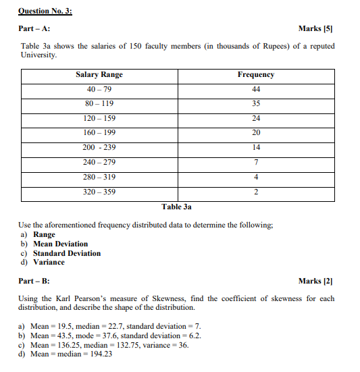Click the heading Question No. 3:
click(x=44, y=11)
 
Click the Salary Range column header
click(x=99, y=75)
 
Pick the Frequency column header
click(x=255, y=75)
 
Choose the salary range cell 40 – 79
click(x=99, y=90)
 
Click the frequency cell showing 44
click(x=255, y=90)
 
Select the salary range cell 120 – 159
click(x=99, y=119)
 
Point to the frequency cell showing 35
click(x=255, y=104)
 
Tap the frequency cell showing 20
click(x=255, y=133)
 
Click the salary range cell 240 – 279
click(x=99, y=162)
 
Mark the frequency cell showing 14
click(x=255, y=148)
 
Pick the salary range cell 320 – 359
click(x=99, y=192)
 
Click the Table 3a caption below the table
click(x=177, y=207)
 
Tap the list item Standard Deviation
click(x=67, y=253)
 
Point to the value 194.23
click(x=99, y=354)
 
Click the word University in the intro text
click(x=38, y=55)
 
